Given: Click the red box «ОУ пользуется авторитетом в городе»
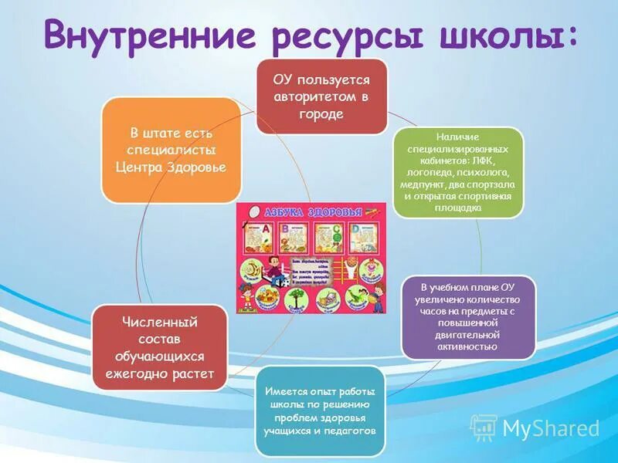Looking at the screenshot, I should [321, 96].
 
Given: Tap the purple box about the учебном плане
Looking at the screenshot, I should [468, 316].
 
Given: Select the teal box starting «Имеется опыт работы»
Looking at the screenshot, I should [319, 411].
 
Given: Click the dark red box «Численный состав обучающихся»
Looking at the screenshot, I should [160, 347].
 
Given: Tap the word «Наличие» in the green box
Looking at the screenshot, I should [459, 137].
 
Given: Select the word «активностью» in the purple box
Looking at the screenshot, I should [468, 347].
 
